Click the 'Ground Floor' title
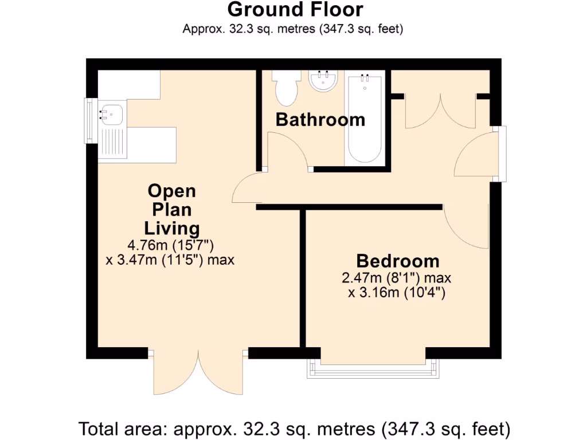tap(295, 10)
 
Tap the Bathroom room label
tap(320, 120)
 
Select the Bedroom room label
tap(397, 261)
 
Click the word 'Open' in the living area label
tap(171, 191)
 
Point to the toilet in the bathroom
tap(285, 88)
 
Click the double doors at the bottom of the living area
tap(199, 372)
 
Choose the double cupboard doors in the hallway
tap(441, 112)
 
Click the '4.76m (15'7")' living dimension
tap(171, 246)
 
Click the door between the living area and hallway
tap(245, 189)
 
